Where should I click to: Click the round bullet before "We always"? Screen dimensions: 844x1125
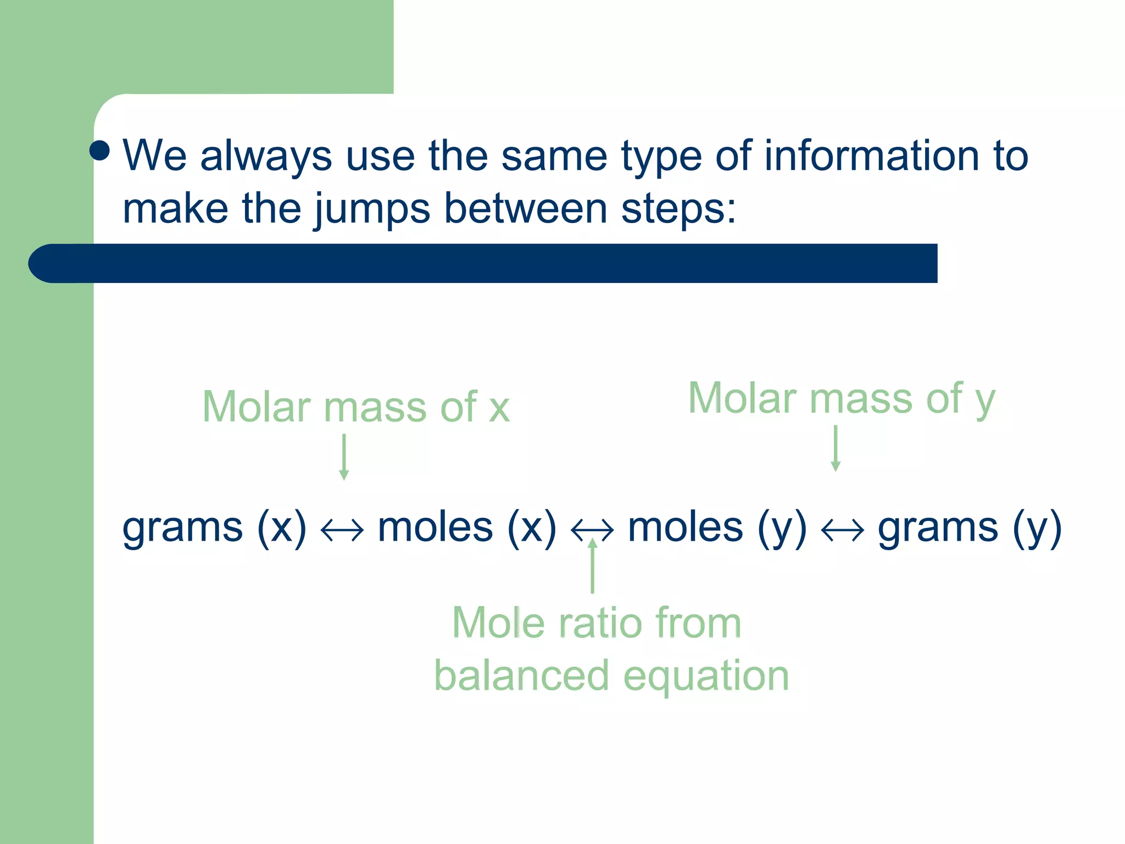click(x=99, y=151)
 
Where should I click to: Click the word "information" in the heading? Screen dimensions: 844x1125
click(x=872, y=156)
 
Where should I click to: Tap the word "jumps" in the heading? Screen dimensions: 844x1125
click(x=372, y=209)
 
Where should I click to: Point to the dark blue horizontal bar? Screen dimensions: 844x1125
click(x=483, y=263)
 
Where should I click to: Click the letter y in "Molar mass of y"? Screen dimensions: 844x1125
click(x=985, y=401)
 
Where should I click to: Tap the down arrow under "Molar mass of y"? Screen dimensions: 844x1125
click(x=836, y=448)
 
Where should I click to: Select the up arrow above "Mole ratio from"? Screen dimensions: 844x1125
click(x=592, y=566)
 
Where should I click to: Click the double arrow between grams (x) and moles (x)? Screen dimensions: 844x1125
click(x=342, y=531)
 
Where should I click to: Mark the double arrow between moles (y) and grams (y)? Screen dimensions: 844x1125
click(x=842, y=531)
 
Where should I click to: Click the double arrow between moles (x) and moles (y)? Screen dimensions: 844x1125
click(x=592, y=531)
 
